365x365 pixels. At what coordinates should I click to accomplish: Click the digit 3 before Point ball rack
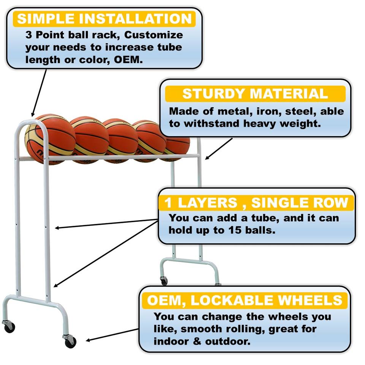click(29, 35)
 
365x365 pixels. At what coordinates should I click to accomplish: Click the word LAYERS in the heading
click(207, 203)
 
